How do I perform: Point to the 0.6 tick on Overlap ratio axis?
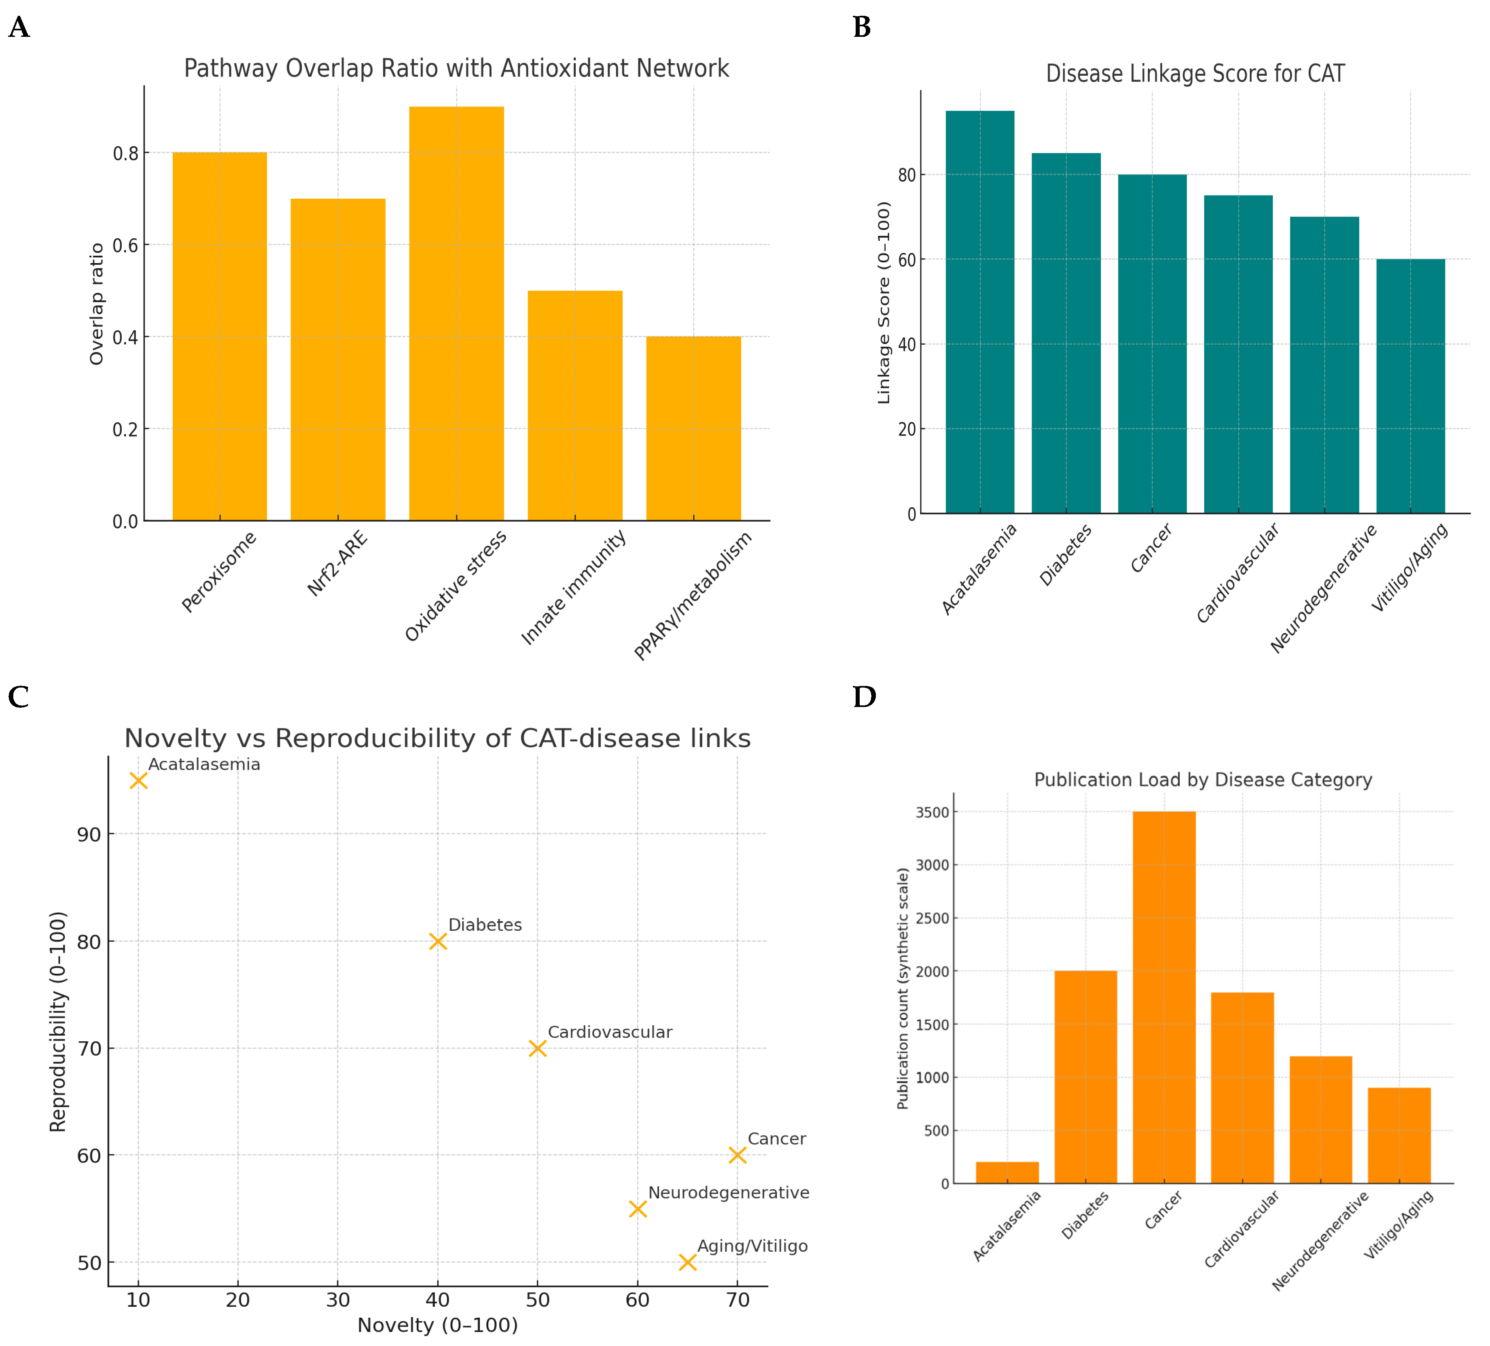click(126, 245)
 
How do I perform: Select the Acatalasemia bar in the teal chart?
click(979, 312)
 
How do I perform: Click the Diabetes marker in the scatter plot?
click(438, 941)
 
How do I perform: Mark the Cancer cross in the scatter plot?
click(737, 1155)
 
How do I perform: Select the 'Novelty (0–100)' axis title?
click(438, 1325)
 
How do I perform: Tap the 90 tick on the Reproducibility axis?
click(89, 834)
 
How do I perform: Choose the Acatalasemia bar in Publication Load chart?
click(1007, 1172)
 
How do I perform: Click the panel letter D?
click(864, 696)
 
